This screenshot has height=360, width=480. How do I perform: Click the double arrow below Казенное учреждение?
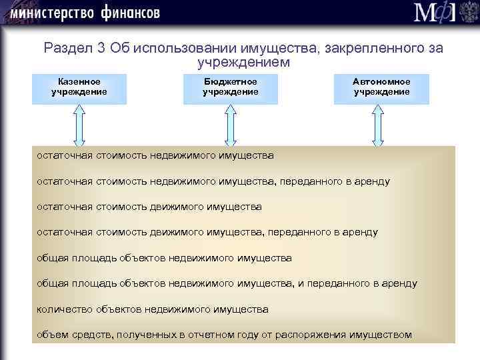click(x=79, y=125)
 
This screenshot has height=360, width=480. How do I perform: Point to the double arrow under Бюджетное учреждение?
click(x=230, y=125)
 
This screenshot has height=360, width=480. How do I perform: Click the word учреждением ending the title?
click(x=243, y=63)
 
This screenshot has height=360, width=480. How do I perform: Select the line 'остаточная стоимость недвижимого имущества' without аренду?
click(x=155, y=156)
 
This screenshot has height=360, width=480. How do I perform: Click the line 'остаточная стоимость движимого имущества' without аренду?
click(x=149, y=207)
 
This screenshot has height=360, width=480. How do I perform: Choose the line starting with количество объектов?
click(x=153, y=309)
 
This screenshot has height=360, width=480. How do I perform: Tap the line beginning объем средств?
click(x=224, y=335)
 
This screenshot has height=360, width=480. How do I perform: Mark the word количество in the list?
click(x=60, y=309)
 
